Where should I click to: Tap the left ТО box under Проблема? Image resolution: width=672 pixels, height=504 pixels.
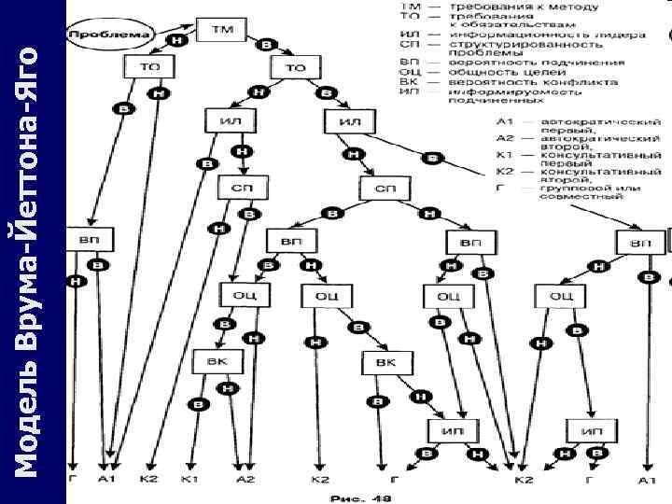pyautogui.click(x=149, y=67)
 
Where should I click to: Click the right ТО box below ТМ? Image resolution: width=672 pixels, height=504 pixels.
pyautogui.click(x=295, y=67)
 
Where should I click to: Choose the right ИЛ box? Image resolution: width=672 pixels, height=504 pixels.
pyautogui.click(x=350, y=122)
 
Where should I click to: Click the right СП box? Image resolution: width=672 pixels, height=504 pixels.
pyautogui.click(x=386, y=188)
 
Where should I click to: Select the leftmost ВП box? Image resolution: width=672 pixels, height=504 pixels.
pyautogui.click(x=90, y=241)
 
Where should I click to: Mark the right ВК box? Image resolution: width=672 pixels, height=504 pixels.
pyautogui.click(x=386, y=360)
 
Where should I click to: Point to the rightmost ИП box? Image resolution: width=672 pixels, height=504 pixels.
pyautogui.click(x=591, y=430)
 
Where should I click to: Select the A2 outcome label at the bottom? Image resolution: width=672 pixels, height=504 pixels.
pyautogui.click(x=245, y=480)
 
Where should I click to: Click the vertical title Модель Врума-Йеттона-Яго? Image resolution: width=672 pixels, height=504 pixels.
pyautogui.click(x=34, y=252)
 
